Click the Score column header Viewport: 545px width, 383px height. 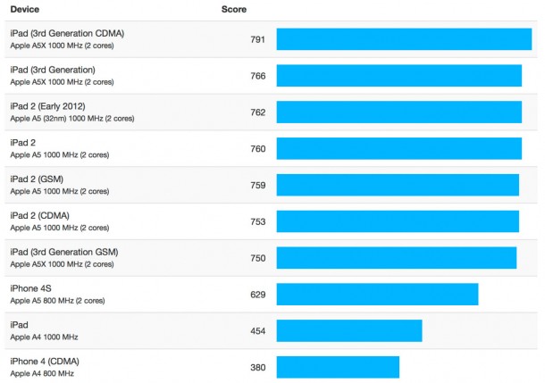coord(234,10)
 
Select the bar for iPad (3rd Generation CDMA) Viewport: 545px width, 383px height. coord(404,39)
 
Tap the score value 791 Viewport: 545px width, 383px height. coord(258,39)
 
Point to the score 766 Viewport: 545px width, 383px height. coord(258,76)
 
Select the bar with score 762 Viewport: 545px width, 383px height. coord(398,112)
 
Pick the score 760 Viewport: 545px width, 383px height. coord(258,149)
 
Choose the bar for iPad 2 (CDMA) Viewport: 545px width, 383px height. coord(398,221)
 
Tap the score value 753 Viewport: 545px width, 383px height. coord(258,221)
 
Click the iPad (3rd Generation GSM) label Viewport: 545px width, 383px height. coord(63,253)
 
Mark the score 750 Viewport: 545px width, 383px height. coord(258,258)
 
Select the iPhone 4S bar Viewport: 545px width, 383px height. coord(377,295)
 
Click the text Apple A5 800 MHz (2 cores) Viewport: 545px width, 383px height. coord(59,301)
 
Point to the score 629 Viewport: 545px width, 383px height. coord(258,295)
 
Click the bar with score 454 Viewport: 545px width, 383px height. coord(348,331)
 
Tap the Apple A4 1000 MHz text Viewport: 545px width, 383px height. coord(44,337)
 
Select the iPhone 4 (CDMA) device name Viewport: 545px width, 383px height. coord(45,361)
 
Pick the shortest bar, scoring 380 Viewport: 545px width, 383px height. coord(338,367)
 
